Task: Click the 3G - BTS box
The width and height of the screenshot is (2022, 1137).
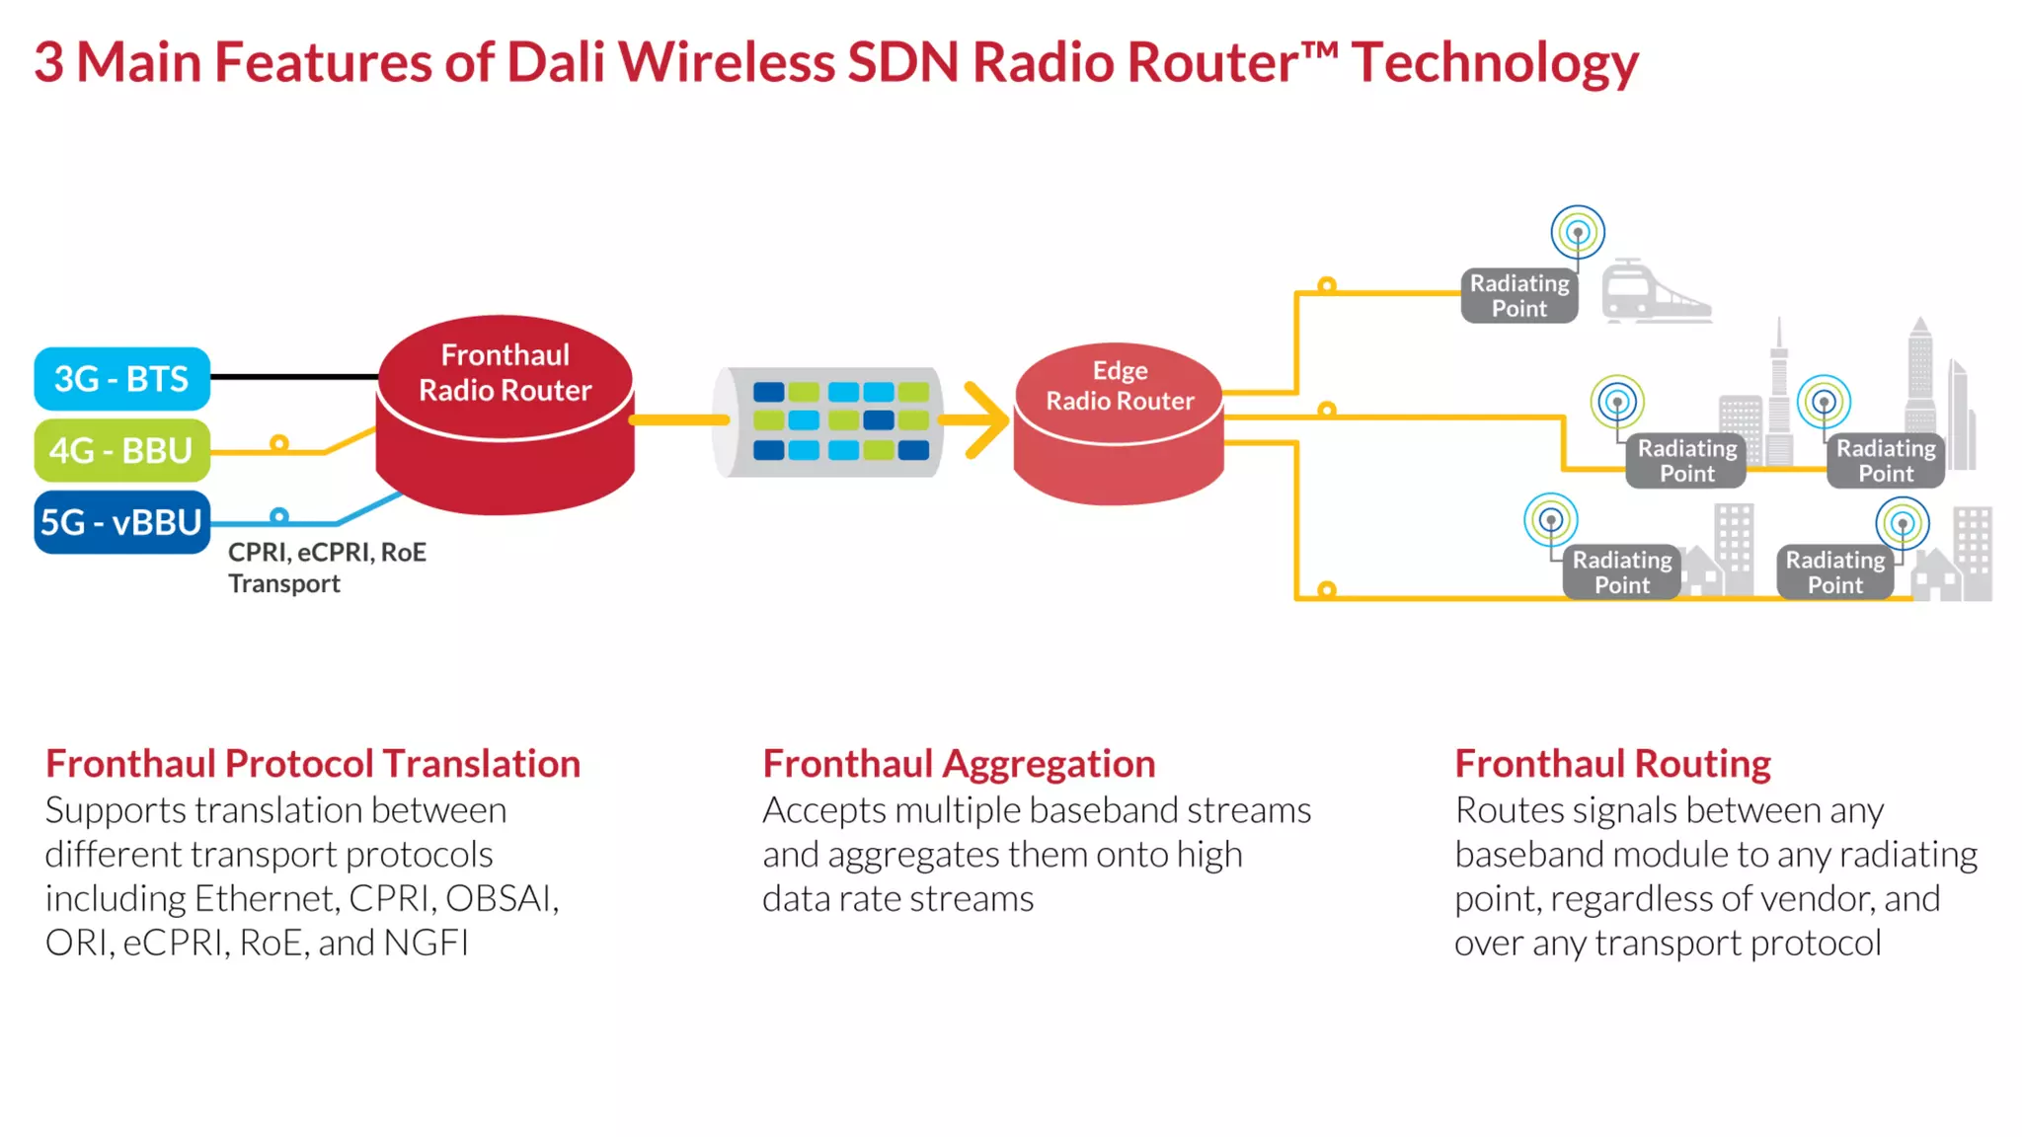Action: click(x=121, y=379)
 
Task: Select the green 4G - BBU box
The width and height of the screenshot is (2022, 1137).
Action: click(x=121, y=451)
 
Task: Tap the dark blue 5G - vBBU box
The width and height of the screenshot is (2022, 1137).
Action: click(x=121, y=522)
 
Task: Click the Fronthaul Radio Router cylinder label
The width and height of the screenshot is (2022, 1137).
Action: click(x=505, y=373)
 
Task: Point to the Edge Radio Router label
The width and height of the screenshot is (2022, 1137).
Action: click(x=1120, y=386)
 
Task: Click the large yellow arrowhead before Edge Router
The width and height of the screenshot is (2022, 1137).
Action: click(x=986, y=420)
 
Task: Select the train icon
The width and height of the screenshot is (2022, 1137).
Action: click(x=1653, y=292)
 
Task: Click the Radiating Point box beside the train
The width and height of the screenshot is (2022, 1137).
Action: click(x=1519, y=296)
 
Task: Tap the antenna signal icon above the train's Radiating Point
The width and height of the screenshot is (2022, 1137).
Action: click(x=1578, y=233)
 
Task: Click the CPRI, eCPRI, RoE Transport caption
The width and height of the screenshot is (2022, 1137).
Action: click(x=326, y=568)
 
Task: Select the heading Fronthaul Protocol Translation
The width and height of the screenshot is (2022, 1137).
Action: click(x=313, y=764)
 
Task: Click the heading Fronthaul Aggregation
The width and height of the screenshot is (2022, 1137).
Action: click(x=959, y=764)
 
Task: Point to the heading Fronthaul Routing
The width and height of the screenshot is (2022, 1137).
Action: click(x=1612, y=764)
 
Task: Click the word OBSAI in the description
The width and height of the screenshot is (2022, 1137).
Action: click(x=502, y=898)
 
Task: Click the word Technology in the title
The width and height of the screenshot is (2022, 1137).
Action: click(x=1495, y=63)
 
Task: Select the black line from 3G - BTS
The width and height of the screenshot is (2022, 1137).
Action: click(x=293, y=377)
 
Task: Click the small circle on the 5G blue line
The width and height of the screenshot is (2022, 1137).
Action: click(x=279, y=516)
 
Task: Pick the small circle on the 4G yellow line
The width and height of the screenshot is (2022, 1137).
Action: click(x=279, y=444)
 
